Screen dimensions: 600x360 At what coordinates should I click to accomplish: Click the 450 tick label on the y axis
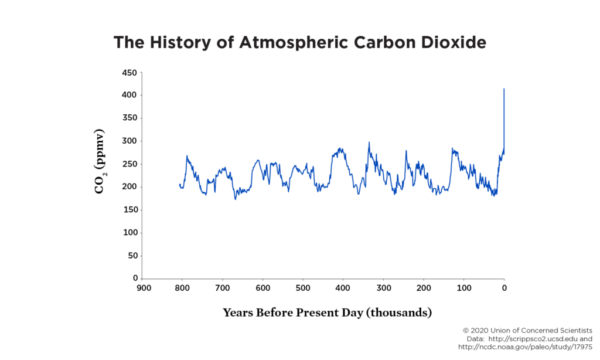tap(129, 73)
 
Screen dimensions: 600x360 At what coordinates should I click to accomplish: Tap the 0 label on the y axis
tap(135, 278)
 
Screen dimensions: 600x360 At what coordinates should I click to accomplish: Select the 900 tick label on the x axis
tap(144, 288)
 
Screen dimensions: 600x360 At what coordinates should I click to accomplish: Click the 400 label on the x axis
tap(343, 288)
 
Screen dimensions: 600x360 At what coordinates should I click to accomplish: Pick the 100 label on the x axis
tap(464, 288)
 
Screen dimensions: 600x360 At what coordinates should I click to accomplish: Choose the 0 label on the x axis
tap(504, 288)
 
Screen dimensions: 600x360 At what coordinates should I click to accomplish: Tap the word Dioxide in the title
tap(454, 42)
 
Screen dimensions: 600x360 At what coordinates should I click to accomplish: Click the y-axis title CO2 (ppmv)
tap(99, 161)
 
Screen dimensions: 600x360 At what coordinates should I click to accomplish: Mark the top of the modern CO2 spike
tap(504, 89)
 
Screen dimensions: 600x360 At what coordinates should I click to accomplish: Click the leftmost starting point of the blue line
tap(180, 185)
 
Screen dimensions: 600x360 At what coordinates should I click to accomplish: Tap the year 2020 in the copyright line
tap(479, 331)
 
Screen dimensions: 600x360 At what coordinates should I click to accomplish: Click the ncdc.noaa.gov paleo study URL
tap(525, 347)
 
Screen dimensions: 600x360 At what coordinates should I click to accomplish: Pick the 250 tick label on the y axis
tap(129, 164)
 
